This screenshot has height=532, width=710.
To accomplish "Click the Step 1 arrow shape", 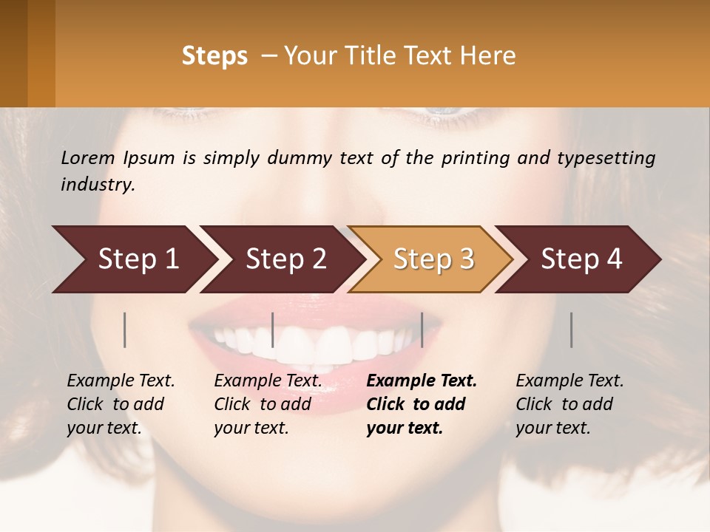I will pos(133,259).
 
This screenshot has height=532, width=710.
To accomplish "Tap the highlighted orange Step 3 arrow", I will pos(433,259).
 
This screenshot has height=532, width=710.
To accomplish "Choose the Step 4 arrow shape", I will pos(581,259).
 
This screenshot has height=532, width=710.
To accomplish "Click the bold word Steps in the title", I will pos(214,56).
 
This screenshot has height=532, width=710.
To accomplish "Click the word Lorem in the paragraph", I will pos(88,157).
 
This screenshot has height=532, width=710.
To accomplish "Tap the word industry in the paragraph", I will pos(97,184).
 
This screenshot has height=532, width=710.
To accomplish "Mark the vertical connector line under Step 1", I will pos(125,330).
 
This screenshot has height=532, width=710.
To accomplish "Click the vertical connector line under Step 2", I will pos(273,330).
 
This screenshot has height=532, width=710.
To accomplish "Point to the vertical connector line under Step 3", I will pos(422,330).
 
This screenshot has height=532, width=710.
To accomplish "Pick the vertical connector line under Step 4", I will pos(572,330).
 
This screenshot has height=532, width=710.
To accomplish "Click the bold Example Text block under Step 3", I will pos(422,404).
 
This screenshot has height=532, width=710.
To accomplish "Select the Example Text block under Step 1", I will pos(121,404).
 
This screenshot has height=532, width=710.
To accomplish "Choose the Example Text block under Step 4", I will pos(569,404).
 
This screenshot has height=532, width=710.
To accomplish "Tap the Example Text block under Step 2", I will pos(268,404).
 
